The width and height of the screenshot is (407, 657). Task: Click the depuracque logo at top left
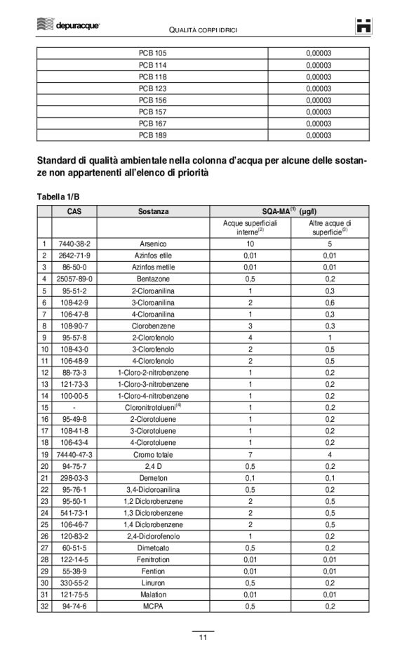point(68,25)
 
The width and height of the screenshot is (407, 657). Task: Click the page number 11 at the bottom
point(203,637)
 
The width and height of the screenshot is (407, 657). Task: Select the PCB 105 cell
point(152,53)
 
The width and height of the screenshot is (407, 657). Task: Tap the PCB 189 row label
point(152,135)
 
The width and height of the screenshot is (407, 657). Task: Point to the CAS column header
point(78,211)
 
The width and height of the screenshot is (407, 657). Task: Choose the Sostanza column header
point(153,211)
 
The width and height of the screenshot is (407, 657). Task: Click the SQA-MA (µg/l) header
point(289,211)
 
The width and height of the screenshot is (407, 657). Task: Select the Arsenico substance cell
point(153,244)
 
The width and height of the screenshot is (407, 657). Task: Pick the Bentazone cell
point(153,278)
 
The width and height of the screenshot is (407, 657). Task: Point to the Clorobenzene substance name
point(153,325)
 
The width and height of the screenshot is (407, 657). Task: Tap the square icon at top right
point(363,26)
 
